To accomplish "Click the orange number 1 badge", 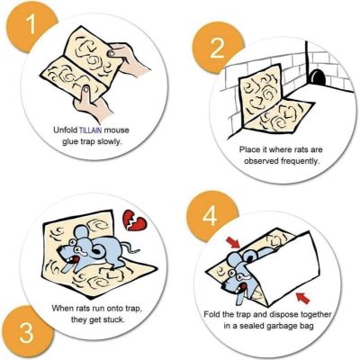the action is (x=29, y=26).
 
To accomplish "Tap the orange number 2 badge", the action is (x=217, y=49).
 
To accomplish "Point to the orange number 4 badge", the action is (x=210, y=216).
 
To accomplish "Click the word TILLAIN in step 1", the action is (x=90, y=130).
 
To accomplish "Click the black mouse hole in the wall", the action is (x=317, y=76).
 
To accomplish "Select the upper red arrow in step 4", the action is (x=233, y=242).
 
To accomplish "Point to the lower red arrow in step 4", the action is (x=302, y=298).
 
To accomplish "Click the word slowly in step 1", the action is (x=110, y=141).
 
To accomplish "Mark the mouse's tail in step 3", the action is (x=132, y=247).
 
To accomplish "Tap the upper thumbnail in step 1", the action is (x=112, y=54).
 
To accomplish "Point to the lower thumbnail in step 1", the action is (x=86, y=89).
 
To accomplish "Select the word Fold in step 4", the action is (x=212, y=314).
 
